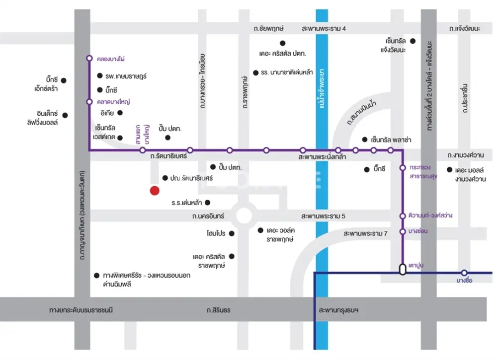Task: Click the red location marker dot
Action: pos(155,190)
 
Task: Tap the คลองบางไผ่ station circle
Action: pos(89,58)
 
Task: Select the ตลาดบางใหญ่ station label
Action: pos(113,101)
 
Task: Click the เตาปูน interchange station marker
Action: pos(402,269)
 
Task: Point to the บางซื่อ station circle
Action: pos(464,273)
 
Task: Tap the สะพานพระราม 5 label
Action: pos(323,216)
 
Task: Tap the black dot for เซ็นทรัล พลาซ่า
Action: pos(365,140)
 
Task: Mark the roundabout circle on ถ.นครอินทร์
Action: pos(244,216)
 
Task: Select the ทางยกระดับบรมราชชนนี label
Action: pos(82,310)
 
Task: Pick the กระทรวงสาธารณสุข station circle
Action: pos(403,168)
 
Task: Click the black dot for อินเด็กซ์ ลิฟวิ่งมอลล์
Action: pos(64,115)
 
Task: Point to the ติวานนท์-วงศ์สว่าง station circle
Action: pos(403,216)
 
